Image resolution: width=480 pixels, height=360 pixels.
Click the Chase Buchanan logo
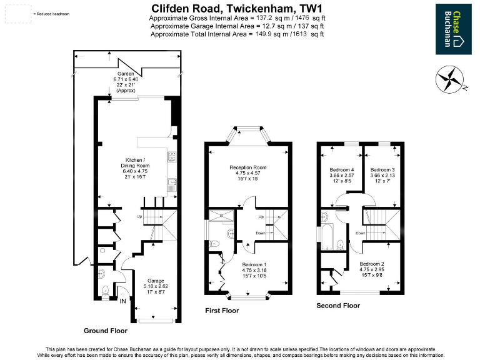click(x=453, y=28)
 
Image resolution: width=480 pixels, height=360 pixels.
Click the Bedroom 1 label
click(x=255, y=269)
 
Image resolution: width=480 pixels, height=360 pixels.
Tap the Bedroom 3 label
click(x=382, y=174)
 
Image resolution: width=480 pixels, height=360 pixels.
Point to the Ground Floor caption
click(x=106, y=331)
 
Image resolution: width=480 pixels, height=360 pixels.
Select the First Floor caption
click(x=222, y=311)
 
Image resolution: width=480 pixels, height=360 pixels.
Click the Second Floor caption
click(x=338, y=306)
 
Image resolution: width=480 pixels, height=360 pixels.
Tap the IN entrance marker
click(x=123, y=301)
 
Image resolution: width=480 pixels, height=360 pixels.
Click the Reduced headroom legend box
click(x=17, y=12)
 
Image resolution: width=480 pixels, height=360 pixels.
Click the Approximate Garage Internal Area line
click(x=237, y=26)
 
